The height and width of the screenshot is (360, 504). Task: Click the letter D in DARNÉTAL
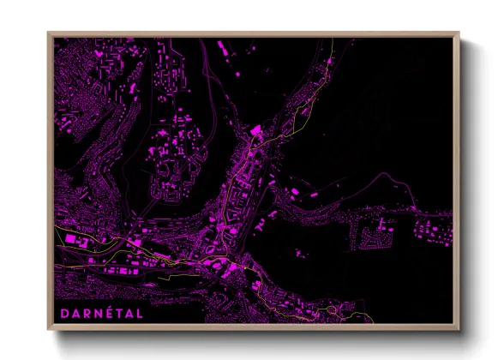point(64,314)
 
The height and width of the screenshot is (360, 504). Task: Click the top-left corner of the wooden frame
point(49,33)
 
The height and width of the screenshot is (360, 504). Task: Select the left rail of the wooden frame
point(50,181)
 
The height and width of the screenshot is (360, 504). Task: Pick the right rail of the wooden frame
point(458,181)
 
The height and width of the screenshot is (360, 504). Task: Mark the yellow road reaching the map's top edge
point(332,41)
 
